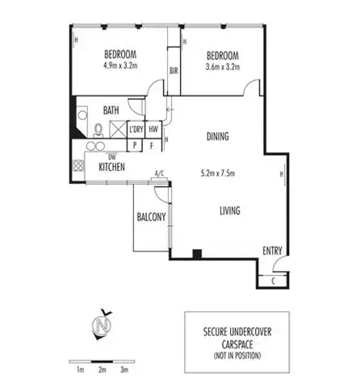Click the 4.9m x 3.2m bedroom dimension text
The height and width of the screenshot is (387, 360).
click(x=120, y=69)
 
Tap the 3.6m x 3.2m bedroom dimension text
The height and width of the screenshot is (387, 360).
click(x=223, y=69)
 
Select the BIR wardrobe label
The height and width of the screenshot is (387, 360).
click(x=174, y=71)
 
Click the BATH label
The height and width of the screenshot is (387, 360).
click(x=112, y=110)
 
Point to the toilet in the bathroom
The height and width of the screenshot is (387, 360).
click(x=98, y=130)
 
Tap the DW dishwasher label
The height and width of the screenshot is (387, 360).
click(x=102, y=156)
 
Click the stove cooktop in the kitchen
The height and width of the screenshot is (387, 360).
click(x=80, y=167)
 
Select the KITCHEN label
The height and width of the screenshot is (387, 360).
click(x=111, y=167)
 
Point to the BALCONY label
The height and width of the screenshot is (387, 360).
click(x=151, y=216)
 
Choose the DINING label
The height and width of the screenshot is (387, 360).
click(x=218, y=137)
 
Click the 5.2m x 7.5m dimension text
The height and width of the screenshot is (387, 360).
click(x=216, y=173)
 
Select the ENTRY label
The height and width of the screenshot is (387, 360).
click(x=272, y=251)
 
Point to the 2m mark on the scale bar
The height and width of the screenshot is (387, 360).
click(x=103, y=369)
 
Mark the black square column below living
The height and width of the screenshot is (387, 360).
click(x=196, y=256)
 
